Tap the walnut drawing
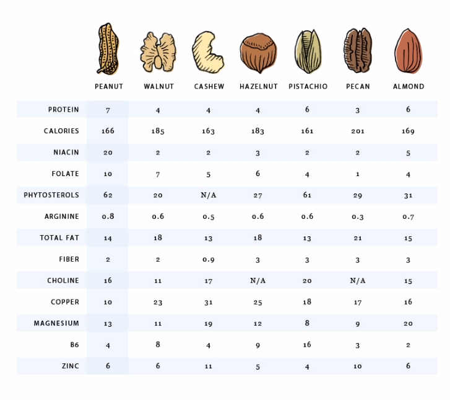tap(158, 51)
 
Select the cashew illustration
tap(209, 52)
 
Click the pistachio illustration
tap(308, 51)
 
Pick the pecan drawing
tap(358, 51)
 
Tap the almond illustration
tap(409, 51)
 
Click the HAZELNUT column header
tap(258, 87)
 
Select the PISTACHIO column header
tap(308, 87)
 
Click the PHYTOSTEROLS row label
tap(51, 195)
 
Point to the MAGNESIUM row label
tap(56, 324)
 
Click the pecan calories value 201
tap(358, 131)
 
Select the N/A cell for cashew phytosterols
tap(209, 195)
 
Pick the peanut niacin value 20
tap(108, 153)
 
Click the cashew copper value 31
tap(209, 303)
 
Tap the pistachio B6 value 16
tap(308, 345)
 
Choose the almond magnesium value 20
tap(408, 324)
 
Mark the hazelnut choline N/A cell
tap(258, 281)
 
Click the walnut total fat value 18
tap(158, 238)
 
